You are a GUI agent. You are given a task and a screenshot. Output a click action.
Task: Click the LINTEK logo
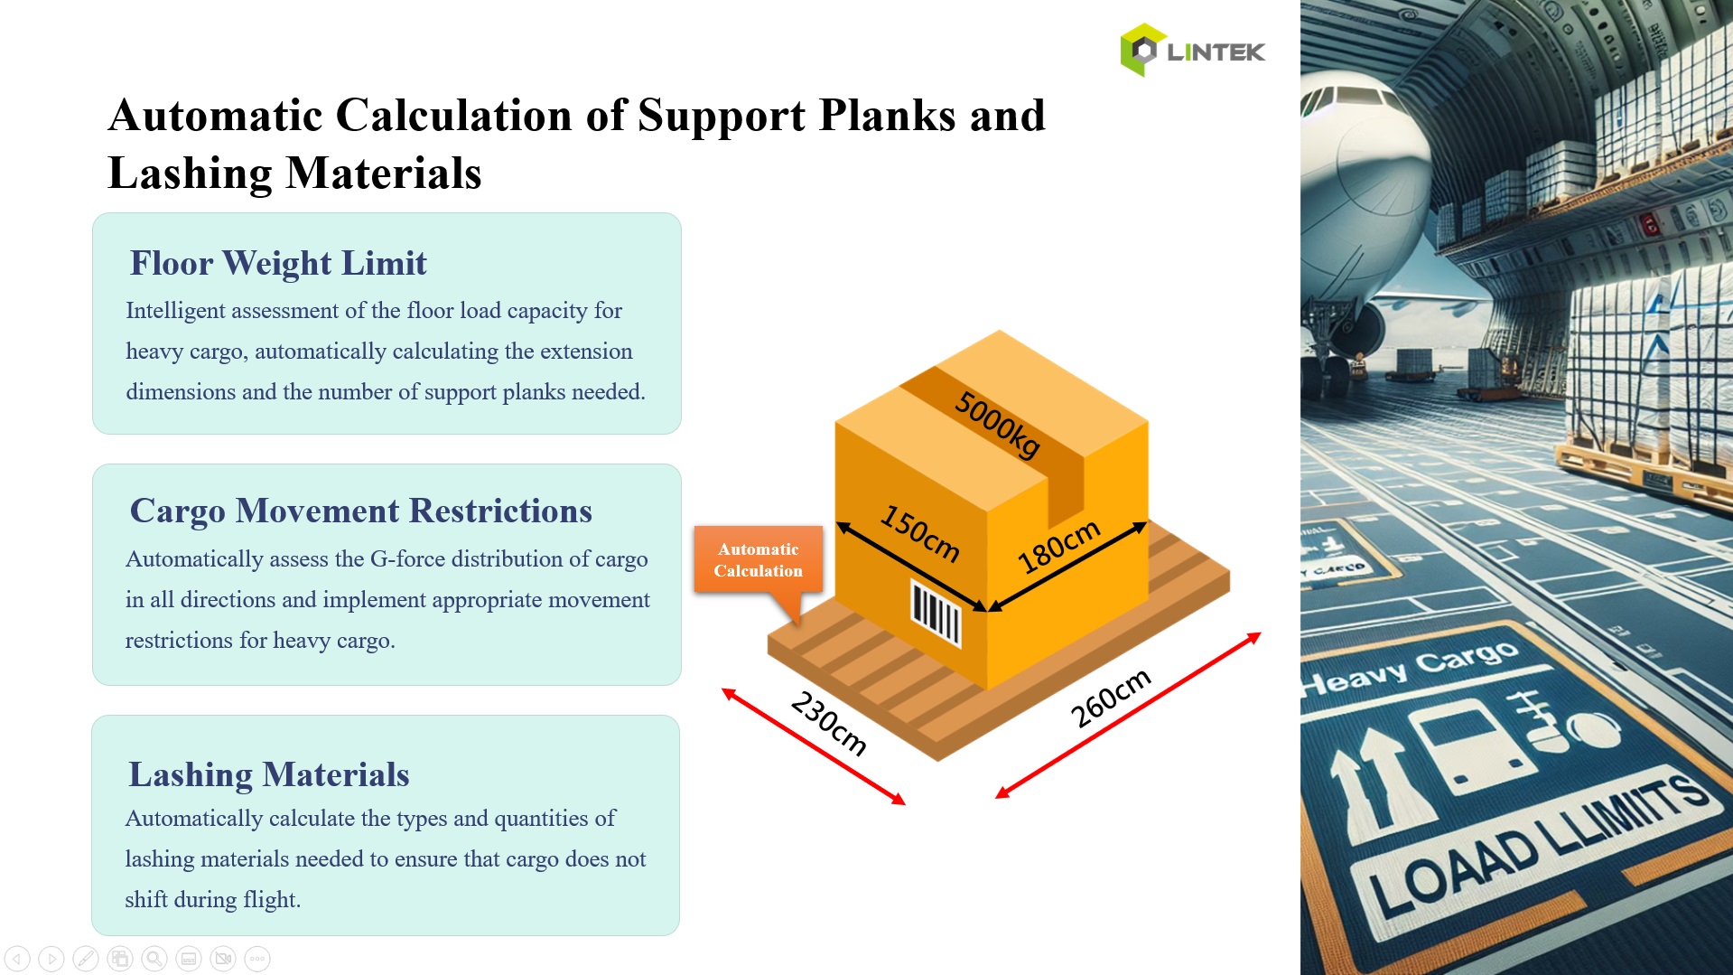click(x=1192, y=51)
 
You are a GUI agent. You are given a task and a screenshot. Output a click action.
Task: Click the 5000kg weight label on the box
click(x=997, y=425)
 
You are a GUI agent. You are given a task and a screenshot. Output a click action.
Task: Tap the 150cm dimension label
click(x=919, y=533)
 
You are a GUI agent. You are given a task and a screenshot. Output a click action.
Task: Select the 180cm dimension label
click(x=1058, y=547)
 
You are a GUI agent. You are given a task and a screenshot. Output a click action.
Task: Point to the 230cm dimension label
click(x=828, y=723)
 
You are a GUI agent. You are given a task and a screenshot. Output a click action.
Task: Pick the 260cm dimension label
click(x=1110, y=698)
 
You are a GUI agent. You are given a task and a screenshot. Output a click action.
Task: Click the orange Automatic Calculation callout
click(x=758, y=560)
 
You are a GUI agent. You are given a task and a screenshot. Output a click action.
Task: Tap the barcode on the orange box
click(x=936, y=614)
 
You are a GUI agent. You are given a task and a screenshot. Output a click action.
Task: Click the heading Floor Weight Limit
click(x=278, y=263)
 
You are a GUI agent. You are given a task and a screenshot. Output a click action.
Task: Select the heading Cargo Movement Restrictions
click(x=360, y=511)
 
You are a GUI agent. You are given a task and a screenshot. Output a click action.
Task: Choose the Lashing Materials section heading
click(x=268, y=774)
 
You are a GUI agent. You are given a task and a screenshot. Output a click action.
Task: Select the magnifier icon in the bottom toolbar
click(x=154, y=959)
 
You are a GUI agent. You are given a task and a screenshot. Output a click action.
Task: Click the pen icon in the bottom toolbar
click(x=86, y=959)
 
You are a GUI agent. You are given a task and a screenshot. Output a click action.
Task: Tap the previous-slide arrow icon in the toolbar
click(x=17, y=959)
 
